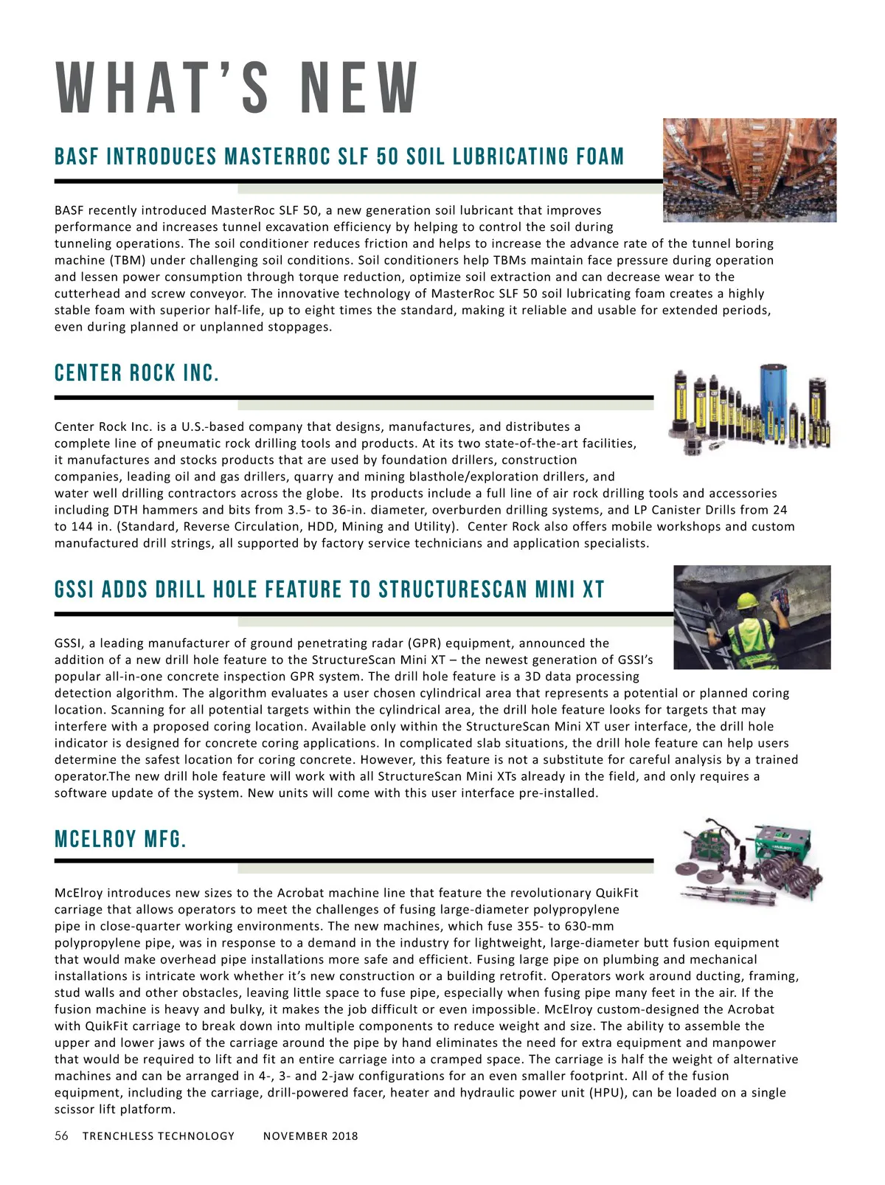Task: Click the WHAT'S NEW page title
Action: pyautogui.click(x=237, y=88)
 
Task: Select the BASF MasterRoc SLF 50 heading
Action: pyautogui.click(x=339, y=157)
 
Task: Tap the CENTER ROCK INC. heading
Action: pyautogui.click(x=137, y=373)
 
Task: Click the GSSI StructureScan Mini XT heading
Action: pyautogui.click(x=330, y=590)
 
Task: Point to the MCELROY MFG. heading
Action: pyautogui.click(x=121, y=839)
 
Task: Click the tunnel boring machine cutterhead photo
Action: pyautogui.click(x=749, y=170)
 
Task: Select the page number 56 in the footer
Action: pyautogui.click(x=62, y=1136)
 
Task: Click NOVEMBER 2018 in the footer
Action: pyautogui.click(x=310, y=1136)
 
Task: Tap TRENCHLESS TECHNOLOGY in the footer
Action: pyautogui.click(x=159, y=1136)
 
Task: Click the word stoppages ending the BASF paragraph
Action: pyautogui.click(x=299, y=327)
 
